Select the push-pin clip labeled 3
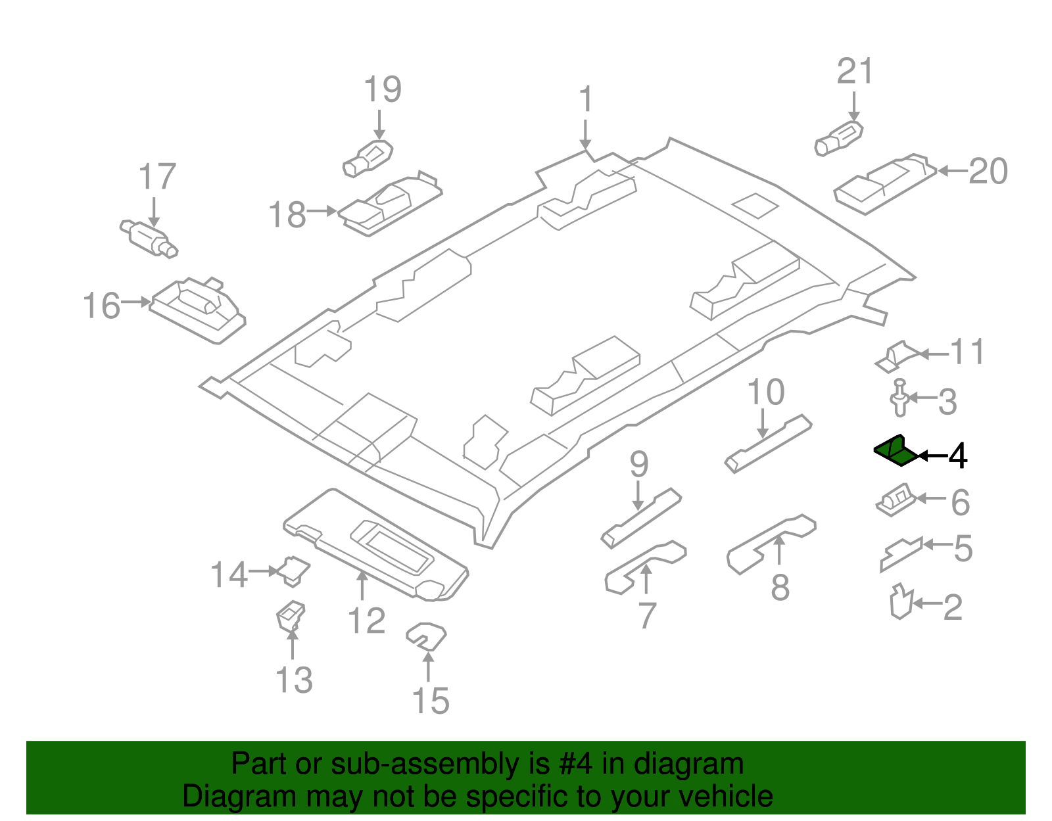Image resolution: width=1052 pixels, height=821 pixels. point(899,398)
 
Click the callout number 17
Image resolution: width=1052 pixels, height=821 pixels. point(157,177)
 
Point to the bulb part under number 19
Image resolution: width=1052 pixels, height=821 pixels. point(368,158)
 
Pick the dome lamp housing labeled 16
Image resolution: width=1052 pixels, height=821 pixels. point(197,309)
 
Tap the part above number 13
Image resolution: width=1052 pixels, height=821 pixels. point(290,615)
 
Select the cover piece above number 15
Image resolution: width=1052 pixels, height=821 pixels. point(427,636)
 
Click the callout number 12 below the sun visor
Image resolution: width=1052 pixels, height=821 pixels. point(366,621)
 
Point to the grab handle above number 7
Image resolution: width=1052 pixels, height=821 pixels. point(644,566)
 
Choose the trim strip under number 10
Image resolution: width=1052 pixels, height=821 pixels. point(768,444)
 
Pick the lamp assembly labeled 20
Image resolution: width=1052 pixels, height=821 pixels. point(884,184)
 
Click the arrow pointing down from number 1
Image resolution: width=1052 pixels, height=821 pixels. point(585,135)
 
